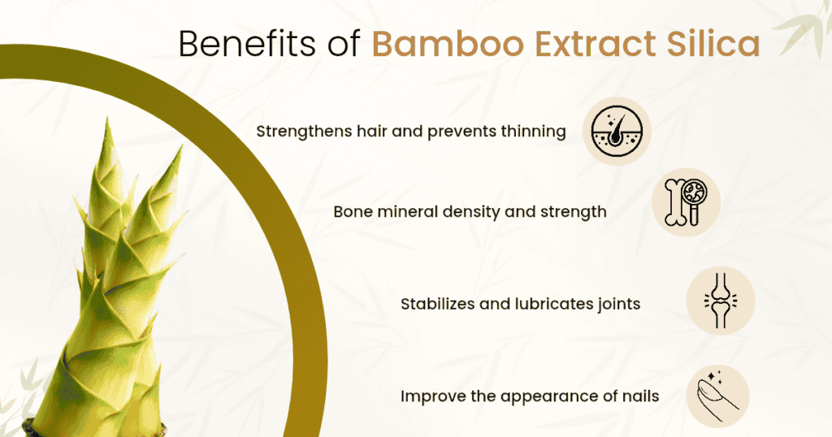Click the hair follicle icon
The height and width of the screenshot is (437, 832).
coord(617,131)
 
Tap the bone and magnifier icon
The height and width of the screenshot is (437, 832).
coord(687,202)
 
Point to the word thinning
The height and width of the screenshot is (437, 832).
coord(534,132)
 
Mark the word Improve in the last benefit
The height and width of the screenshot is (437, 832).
coord(431,396)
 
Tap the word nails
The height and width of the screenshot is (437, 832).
coord(638,396)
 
